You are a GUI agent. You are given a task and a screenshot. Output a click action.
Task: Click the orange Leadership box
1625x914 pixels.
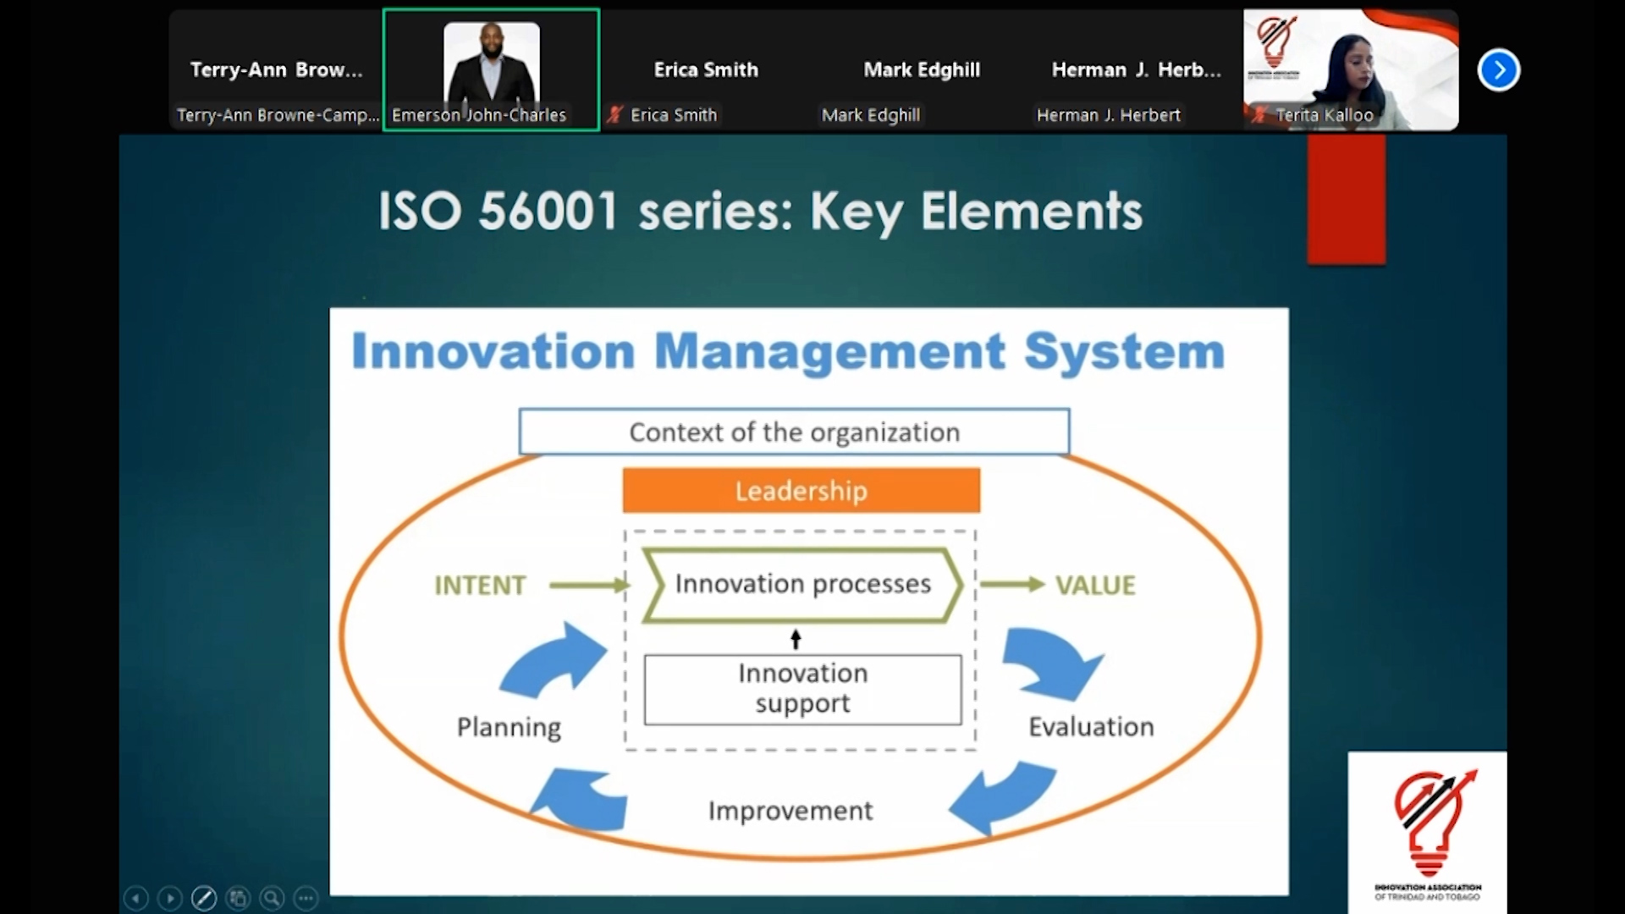click(801, 491)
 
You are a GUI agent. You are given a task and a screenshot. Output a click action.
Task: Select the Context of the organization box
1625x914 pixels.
click(794, 432)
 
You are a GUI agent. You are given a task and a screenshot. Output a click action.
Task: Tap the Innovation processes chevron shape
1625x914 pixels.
click(802, 585)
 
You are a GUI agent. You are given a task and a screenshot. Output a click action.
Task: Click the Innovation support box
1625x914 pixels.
click(802, 689)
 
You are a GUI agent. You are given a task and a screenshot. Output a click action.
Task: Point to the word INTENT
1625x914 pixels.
click(480, 586)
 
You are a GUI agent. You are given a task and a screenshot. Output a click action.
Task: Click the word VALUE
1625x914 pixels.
click(1095, 586)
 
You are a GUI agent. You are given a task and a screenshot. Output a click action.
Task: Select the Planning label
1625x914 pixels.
click(509, 727)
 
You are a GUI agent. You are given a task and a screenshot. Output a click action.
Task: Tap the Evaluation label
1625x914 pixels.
click(1091, 727)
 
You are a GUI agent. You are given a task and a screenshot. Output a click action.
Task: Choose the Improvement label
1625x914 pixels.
click(790, 811)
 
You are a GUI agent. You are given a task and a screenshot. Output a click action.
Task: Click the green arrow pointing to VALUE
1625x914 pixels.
click(1012, 584)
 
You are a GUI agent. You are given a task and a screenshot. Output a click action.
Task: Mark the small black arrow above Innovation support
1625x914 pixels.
click(796, 639)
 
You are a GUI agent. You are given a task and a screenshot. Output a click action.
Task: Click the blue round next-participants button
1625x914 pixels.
click(1499, 70)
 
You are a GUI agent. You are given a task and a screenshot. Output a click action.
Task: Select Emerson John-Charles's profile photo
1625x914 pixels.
click(492, 63)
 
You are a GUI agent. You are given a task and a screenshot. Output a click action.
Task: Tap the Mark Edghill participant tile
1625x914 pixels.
click(922, 70)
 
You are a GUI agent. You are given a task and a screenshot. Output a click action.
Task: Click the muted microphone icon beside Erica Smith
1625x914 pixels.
click(615, 115)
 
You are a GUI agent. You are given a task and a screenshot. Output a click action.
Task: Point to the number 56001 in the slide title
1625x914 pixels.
click(548, 211)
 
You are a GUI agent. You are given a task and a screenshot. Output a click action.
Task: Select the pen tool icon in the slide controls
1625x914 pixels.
click(204, 898)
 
